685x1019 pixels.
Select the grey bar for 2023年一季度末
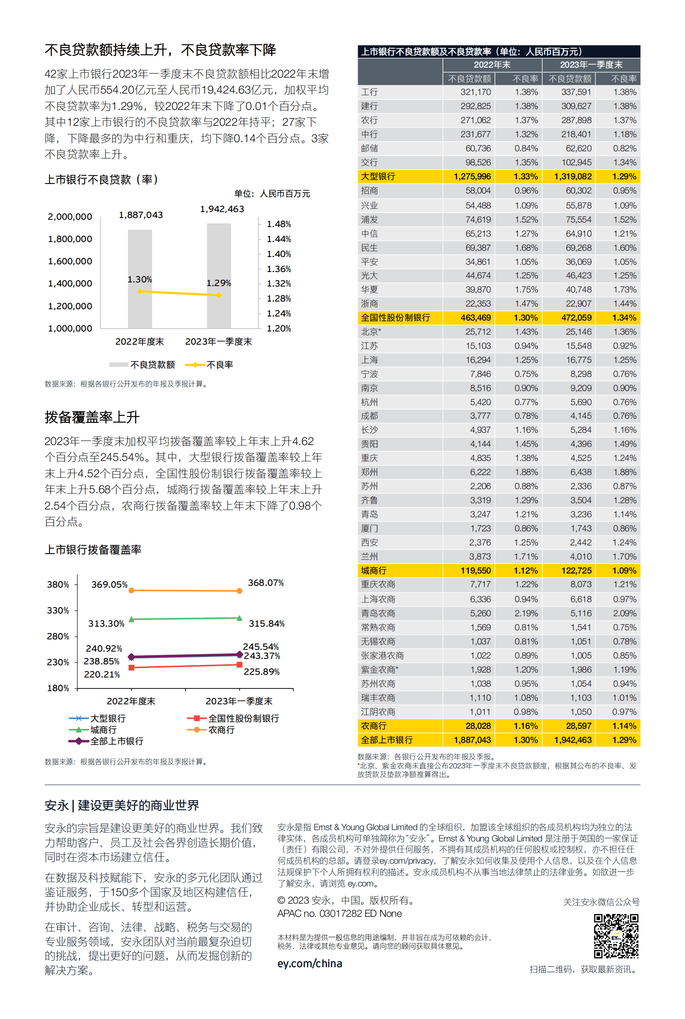pyautogui.click(x=219, y=275)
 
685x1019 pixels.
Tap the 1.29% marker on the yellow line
pyautogui.click(x=219, y=295)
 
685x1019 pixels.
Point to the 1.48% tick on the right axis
pyautogui.click(x=278, y=224)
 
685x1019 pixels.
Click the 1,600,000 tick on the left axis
pyautogui.click(x=70, y=262)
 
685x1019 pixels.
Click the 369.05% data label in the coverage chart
pyautogui.click(x=109, y=584)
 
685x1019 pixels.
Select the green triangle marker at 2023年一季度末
pyautogui.click(x=239, y=618)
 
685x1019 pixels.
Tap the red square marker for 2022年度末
pyautogui.click(x=132, y=668)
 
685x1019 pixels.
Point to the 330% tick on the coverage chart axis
pyautogui.click(x=58, y=611)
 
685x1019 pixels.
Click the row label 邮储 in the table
pyautogui.click(x=370, y=148)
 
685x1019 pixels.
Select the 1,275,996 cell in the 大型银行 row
pyautogui.click(x=472, y=177)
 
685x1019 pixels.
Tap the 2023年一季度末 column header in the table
pyautogui.click(x=591, y=65)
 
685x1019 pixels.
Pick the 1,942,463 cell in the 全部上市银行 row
pyautogui.click(x=572, y=740)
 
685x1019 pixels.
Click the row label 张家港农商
pyautogui.click(x=382, y=656)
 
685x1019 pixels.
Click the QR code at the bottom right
pyautogui.click(x=616, y=936)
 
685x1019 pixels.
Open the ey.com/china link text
pyautogui.click(x=310, y=964)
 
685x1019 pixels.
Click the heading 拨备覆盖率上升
pyautogui.click(x=92, y=417)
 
